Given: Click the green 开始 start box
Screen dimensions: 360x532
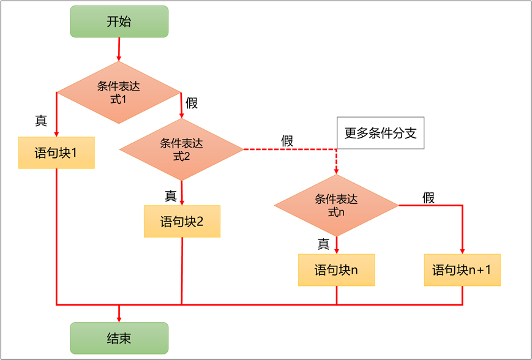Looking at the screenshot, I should pos(119,21).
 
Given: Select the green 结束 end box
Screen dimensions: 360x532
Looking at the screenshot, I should pos(119,338).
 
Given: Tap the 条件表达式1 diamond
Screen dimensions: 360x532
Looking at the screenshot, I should pos(119,92).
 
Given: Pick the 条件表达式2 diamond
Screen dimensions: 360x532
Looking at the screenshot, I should pos(182,149).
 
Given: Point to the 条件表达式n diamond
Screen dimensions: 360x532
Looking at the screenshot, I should pos(336,205).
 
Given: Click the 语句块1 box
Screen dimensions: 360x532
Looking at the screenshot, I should pos(56,152).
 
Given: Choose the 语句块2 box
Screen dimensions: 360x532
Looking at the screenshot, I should pos(182,221).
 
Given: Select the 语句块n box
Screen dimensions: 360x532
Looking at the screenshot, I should pos(336,270).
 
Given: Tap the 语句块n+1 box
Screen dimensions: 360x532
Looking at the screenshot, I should pos(462,270).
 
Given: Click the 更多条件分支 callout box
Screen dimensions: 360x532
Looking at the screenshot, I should pos(380,133).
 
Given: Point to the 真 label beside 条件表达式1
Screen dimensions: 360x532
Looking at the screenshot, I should pos(41,121).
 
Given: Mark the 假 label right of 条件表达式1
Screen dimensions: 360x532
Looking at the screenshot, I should pos(192,103).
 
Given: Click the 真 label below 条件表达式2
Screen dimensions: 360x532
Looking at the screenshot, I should pos(171,196).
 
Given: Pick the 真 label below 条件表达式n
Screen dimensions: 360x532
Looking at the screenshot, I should pos(324,243).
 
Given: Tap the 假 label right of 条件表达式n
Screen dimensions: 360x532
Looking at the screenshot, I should pos(429,197).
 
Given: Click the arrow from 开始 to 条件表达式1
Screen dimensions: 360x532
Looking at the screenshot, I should pos(119,49).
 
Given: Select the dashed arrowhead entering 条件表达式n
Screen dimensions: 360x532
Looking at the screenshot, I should pos(336,171).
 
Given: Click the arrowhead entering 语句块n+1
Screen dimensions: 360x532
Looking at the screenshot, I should pos(462,250).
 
